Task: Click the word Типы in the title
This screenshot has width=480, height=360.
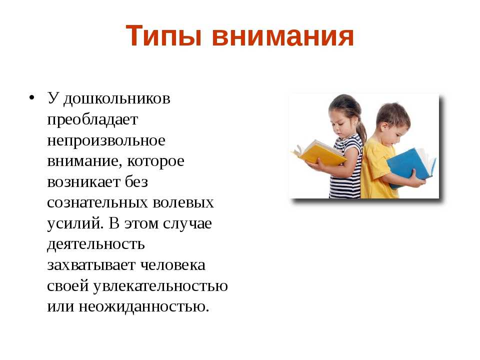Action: [163, 36]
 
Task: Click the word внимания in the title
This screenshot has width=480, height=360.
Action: [282, 36]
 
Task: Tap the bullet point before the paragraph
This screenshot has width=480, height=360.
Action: [31, 97]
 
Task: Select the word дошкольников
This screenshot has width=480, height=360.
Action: [117, 99]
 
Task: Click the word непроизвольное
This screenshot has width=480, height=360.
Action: [106, 141]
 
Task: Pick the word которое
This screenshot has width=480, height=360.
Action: [156, 161]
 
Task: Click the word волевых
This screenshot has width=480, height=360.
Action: [183, 202]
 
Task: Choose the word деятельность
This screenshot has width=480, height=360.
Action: [96, 244]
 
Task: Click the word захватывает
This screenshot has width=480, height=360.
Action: [91, 265]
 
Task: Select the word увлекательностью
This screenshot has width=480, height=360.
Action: [160, 286]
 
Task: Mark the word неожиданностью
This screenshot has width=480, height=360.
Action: [143, 306]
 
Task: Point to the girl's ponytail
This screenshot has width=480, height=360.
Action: [362, 130]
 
